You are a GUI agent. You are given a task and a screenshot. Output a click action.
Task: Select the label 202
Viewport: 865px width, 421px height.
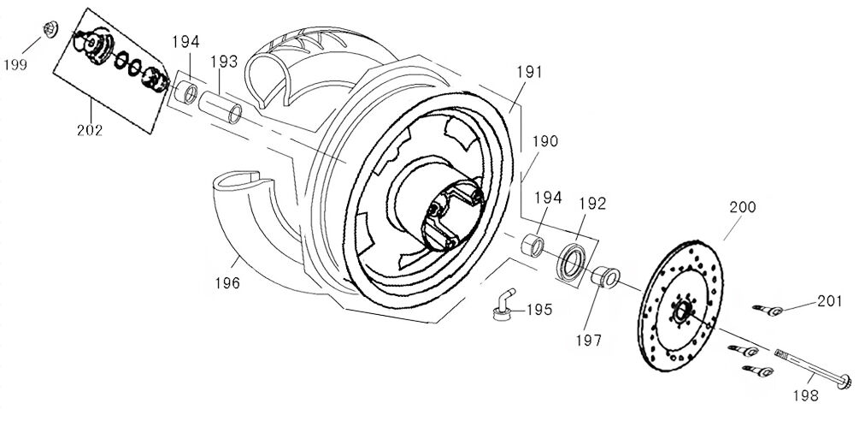[x=88, y=131]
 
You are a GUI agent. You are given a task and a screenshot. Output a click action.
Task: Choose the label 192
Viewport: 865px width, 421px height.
[x=591, y=204]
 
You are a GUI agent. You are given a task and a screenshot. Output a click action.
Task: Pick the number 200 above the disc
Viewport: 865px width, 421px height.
[x=744, y=207]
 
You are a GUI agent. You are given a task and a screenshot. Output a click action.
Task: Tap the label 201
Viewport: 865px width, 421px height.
[x=828, y=300]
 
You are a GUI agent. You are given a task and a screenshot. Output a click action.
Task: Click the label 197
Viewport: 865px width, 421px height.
[x=589, y=340]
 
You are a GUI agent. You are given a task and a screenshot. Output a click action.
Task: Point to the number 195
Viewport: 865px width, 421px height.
[x=538, y=310]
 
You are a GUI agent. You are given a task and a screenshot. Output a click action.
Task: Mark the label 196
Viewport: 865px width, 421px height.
[x=227, y=282]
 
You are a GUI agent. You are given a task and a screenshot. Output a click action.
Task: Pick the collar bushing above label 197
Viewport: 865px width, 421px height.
[x=603, y=276]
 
